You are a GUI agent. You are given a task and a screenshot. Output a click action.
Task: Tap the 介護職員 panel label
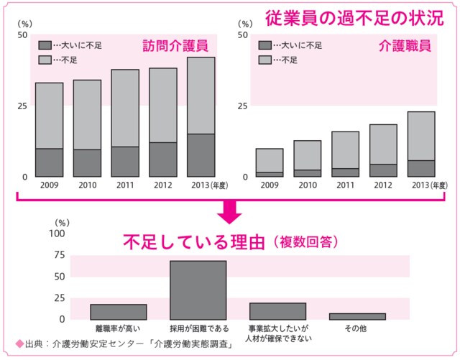[x=405, y=47]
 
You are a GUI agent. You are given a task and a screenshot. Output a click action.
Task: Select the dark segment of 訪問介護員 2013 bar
[x=201, y=155]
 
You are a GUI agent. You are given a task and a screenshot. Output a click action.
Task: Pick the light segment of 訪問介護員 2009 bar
[x=49, y=116]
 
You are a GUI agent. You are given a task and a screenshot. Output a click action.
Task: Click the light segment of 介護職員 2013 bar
[x=421, y=136]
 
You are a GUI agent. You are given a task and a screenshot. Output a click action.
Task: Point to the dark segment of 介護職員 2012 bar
[x=383, y=170]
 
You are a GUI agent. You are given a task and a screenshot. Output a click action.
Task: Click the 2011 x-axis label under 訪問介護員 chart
[x=124, y=185]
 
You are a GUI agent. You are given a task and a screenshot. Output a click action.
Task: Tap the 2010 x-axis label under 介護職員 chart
[x=307, y=185]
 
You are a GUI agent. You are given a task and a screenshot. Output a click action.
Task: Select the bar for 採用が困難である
[x=198, y=290]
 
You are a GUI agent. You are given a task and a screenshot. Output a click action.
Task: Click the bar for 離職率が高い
[x=118, y=311]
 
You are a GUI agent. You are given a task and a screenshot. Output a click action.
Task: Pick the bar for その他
[x=356, y=315]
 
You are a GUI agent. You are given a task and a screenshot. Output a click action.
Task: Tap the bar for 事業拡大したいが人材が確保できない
[x=277, y=310]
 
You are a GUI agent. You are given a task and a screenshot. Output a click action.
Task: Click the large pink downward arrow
[x=230, y=212]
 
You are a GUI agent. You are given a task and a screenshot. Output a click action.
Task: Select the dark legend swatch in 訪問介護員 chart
[x=45, y=45]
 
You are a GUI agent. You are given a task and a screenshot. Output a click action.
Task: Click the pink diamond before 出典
[x=9, y=343]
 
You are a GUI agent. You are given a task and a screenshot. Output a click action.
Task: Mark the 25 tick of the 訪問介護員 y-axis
[x=22, y=106]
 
